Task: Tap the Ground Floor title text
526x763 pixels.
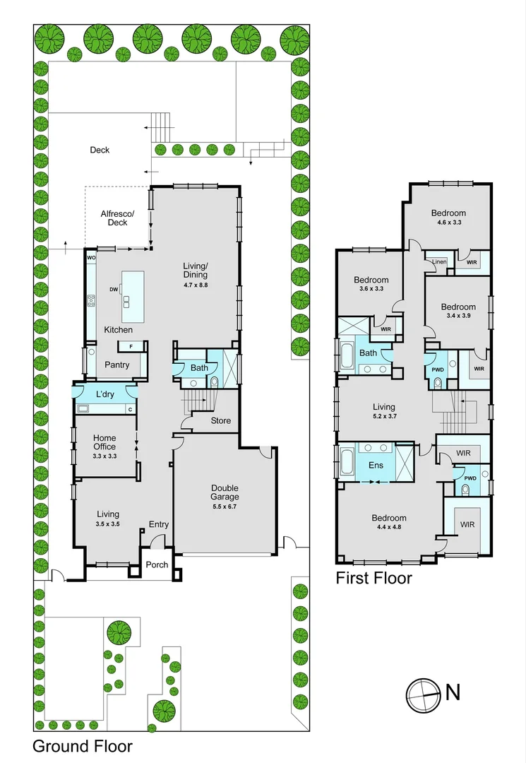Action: [x=83, y=746]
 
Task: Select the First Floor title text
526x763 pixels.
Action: [x=373, y=578]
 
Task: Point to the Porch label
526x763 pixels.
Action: [x=157, y=564]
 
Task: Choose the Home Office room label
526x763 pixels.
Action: [x=104, y=442]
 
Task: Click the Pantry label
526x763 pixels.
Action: [x=116, y=365]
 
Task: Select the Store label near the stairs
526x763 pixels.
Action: [x=221, y=421]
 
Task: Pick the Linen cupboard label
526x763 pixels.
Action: [x=439, y=262]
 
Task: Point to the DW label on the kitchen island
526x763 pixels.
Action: [x=114, y=289]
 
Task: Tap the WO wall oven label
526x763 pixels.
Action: [x=91, y=258]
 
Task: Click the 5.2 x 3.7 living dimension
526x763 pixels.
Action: [x=384, y=418]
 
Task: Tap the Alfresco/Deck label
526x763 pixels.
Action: [x=117, y=218]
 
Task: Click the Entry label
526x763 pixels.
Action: [x=158, y=524]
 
